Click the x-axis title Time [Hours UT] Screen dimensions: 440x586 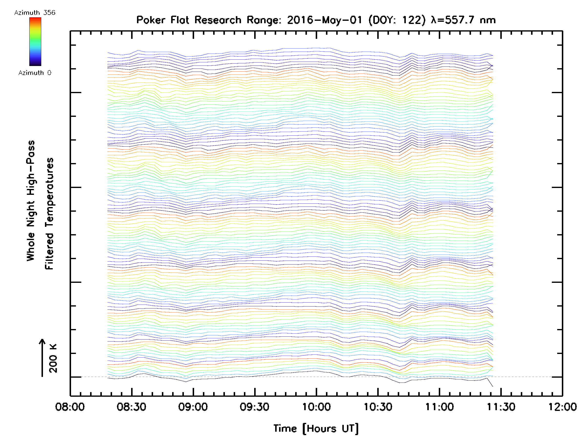[x=316, y=429]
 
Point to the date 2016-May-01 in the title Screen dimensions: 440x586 [x=324, y=20]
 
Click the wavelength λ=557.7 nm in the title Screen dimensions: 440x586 [x=463, y=20]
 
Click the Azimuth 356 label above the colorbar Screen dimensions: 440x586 [x=35, y=13]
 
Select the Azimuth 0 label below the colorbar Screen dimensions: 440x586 [x=35, y=73]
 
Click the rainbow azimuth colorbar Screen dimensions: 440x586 [x=35, y=42]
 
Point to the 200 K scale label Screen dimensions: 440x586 [x=53, y=358]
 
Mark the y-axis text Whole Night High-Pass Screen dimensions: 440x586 [x=31, y=201]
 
